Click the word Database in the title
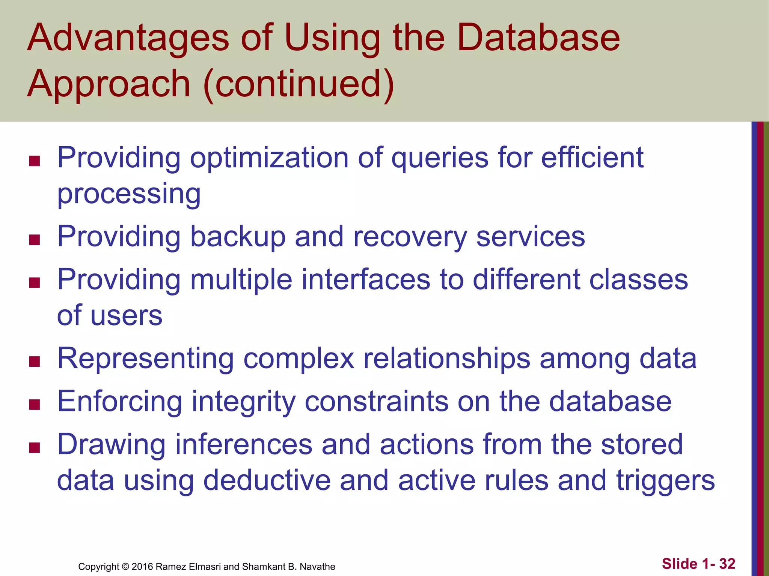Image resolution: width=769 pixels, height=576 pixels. tap(538, 37)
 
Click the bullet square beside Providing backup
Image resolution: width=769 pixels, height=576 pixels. tap(35, 240)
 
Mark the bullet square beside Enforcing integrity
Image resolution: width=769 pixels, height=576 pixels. tap(35, 405)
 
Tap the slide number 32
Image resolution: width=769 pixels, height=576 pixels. tap(727, 564)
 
